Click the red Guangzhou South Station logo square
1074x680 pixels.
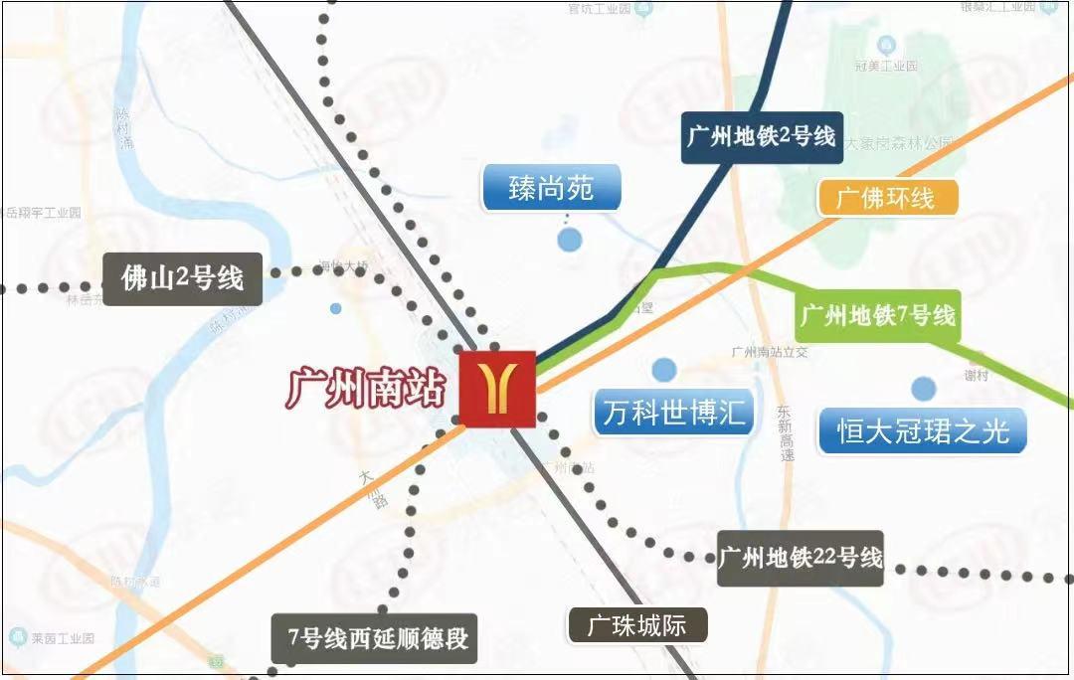click(497, 389)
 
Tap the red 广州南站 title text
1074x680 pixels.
click(366, 388)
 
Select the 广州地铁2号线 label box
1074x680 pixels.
click(761, 136)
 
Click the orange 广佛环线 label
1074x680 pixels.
click(887, 197)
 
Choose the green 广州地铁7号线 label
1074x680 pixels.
click(877, 316)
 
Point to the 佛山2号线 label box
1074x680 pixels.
click(182, 277)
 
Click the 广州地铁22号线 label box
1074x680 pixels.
click(801, 558)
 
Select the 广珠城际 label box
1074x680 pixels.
click(636, 626)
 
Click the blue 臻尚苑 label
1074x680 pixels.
click(552, 188)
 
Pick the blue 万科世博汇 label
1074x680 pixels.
click(674, 412)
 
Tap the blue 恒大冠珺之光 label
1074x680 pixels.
click(923, 431)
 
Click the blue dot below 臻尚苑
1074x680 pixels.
click(569, 240)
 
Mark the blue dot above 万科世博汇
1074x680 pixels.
click(664, 370)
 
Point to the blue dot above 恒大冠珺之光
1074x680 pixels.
click(924, 389)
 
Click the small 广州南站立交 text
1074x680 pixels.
click(771, 352)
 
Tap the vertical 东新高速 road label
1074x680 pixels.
click(786, 431)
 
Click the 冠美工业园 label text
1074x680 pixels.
click(885, 66)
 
